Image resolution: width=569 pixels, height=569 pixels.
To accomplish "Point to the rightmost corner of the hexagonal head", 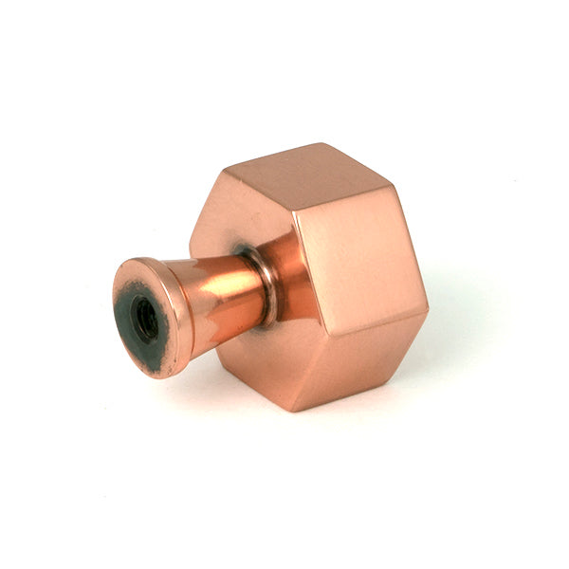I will pyautogui.click(x=428, y=310).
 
